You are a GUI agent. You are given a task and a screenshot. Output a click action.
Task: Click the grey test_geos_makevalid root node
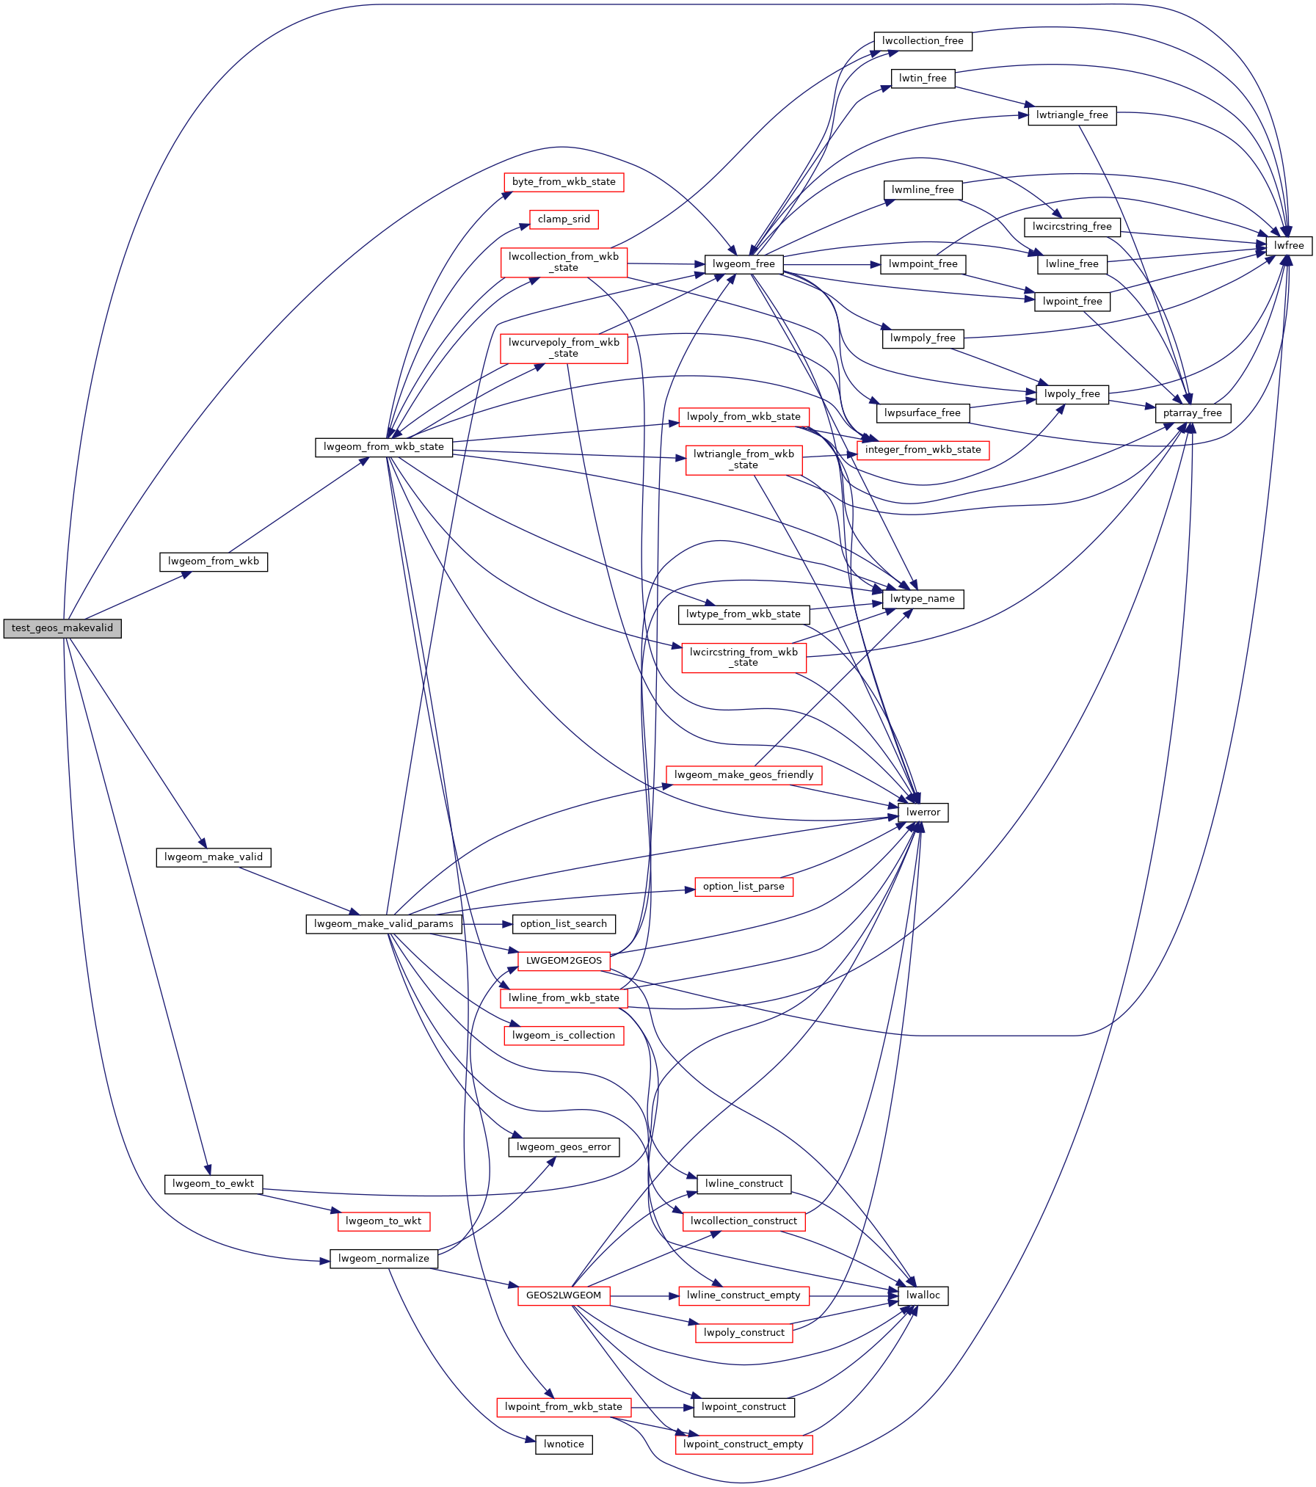click(x=62, y=628)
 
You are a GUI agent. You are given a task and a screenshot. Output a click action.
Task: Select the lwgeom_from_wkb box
click(x=214, y=561)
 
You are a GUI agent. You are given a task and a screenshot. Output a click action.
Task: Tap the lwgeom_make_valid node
click(x=214, y=857)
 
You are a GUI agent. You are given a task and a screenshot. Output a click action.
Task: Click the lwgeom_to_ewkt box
click(x=214, y=1184)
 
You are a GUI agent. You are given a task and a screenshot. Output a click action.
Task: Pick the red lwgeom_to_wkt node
click(x=384, y=1221)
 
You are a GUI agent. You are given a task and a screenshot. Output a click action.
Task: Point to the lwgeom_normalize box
click(x=384, y=1259)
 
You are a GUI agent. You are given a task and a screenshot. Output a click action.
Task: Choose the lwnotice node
click(x=564, y=1444)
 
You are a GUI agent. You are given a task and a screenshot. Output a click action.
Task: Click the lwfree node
click(x=1289, y=246)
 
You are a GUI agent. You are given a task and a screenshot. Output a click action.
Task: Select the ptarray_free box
click(x=1193, y=413)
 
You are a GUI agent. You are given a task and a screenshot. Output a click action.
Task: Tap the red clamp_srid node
click(x=564, y=219)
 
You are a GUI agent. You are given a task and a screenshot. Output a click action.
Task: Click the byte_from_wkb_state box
click(x=564, y=182)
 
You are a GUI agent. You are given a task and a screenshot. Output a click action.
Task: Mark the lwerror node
click(x=923, y=812)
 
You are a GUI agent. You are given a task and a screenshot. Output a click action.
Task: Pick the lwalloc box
click(x=923, y=1295)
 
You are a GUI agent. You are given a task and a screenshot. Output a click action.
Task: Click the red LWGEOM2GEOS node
click(x=564, y=961)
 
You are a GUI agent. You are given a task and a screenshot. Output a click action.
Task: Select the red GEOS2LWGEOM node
click(x=564, y=1295)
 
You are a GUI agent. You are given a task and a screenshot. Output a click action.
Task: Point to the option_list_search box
click(x=564, y=924)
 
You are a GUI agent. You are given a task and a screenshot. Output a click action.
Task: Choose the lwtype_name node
click(x=923, y=599)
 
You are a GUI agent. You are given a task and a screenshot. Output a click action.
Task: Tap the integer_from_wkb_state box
click(x=923, y=450)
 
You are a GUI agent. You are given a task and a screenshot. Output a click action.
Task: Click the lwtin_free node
click(x=923, y=79)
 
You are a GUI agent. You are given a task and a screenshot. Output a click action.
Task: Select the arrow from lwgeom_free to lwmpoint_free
click(x=832, y=264)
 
